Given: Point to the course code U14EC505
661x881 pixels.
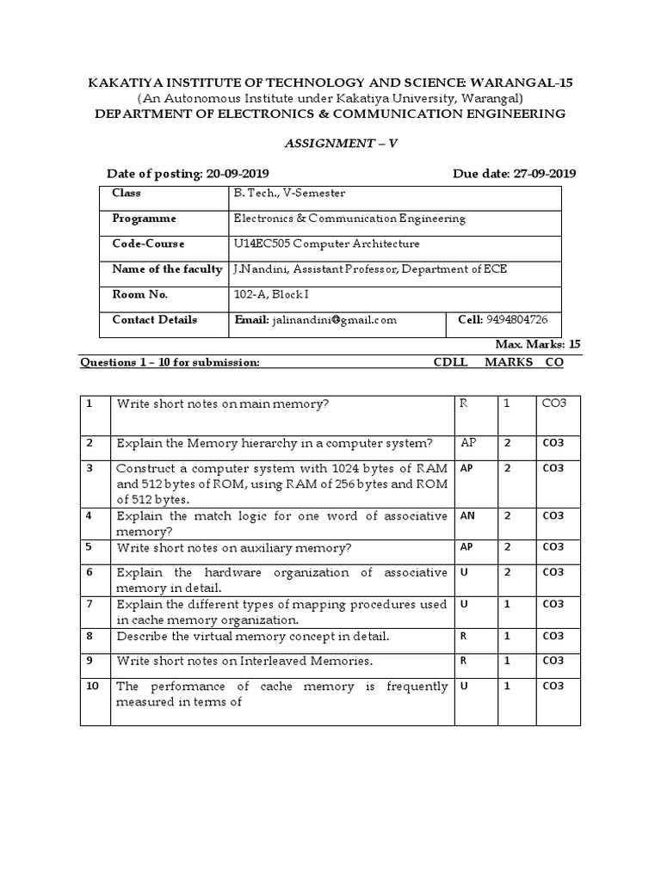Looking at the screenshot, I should click(262, 244).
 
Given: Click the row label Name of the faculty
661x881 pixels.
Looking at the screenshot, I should click(167, 269).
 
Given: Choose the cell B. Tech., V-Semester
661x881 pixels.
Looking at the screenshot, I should click(288, 194).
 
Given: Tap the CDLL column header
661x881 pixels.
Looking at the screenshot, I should click(450, 363).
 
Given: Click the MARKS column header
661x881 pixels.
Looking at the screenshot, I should click(509, 363).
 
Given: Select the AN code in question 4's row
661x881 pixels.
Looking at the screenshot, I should click(466, 516).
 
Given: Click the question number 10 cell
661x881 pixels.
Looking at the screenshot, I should click(94, 687).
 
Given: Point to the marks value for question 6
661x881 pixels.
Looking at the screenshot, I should click(508, 572).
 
